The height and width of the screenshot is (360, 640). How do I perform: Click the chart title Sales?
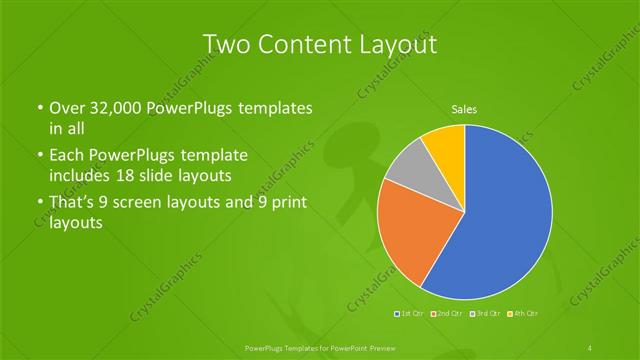[464, 108]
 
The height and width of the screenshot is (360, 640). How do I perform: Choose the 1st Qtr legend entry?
[410, 314]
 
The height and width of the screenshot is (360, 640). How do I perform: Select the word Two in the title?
[225, 44]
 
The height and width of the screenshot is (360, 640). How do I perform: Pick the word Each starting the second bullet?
[66, 156]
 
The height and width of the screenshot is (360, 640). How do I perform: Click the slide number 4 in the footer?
[590, 347]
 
